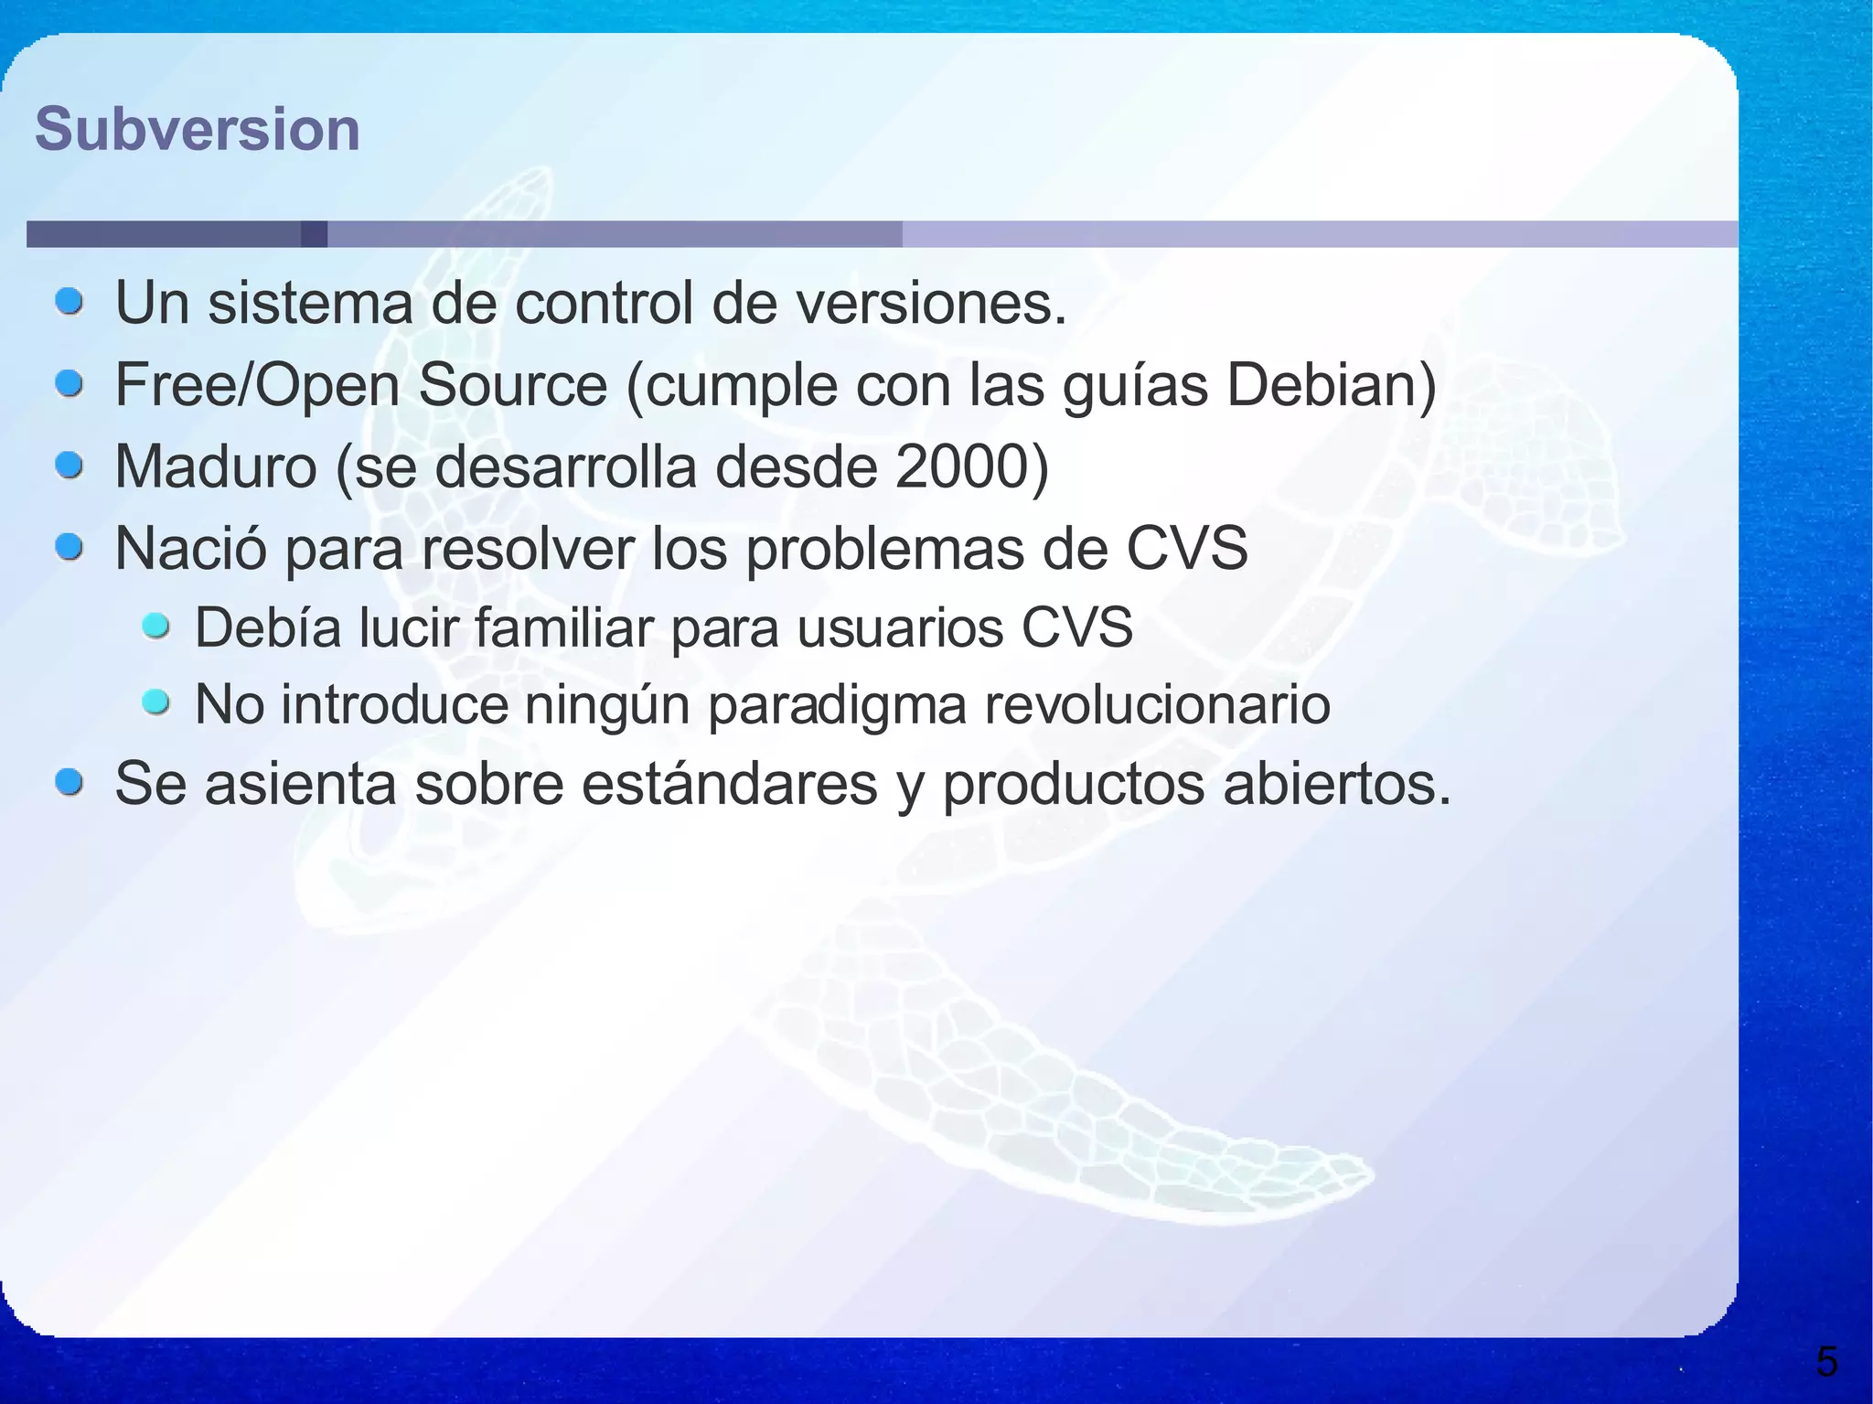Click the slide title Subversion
click(x=197, y=129)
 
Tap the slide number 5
click(x=1826, y=1362)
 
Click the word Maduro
click(x=215, y=466)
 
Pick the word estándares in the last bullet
click(x=729, y=785)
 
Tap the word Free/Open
click(x=257, y=385)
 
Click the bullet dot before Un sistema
click(x=70, y=301)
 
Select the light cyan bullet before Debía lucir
click(x=156, y=627)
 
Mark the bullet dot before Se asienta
click(x=70, y=783)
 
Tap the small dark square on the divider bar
click(x=314, y=234)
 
